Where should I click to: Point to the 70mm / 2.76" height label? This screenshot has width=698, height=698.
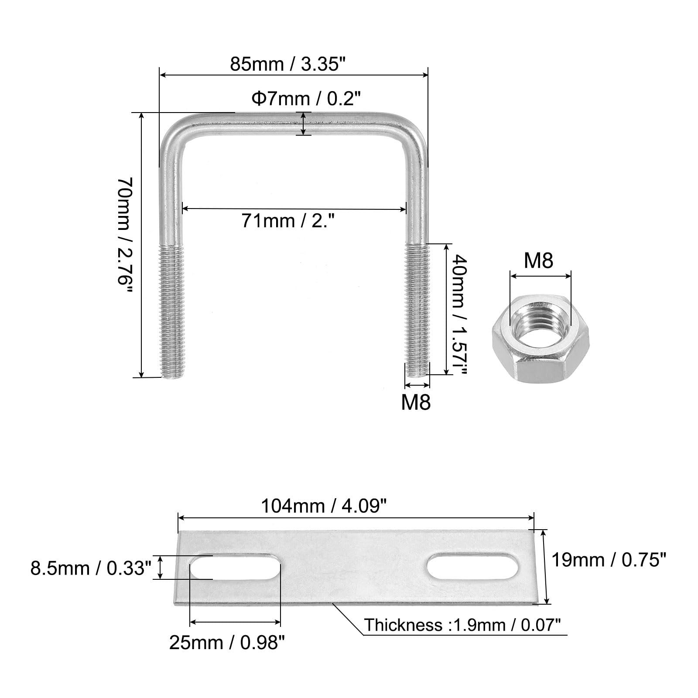pos(124,235)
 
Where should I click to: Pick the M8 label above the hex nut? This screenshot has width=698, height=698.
pos(538,260)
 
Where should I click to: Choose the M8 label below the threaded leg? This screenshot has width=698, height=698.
pos(416,402)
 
